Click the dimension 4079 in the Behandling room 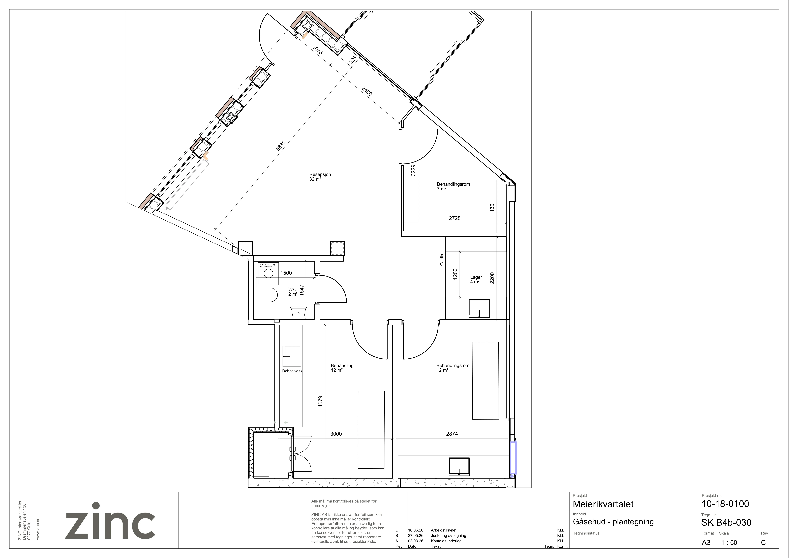[320, 402]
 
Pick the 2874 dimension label [452, 434]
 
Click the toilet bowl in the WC [267, 295]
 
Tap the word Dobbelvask [292, 371]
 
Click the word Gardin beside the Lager [442, 260]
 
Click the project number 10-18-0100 [725, 504]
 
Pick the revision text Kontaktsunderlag [446, 541]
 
